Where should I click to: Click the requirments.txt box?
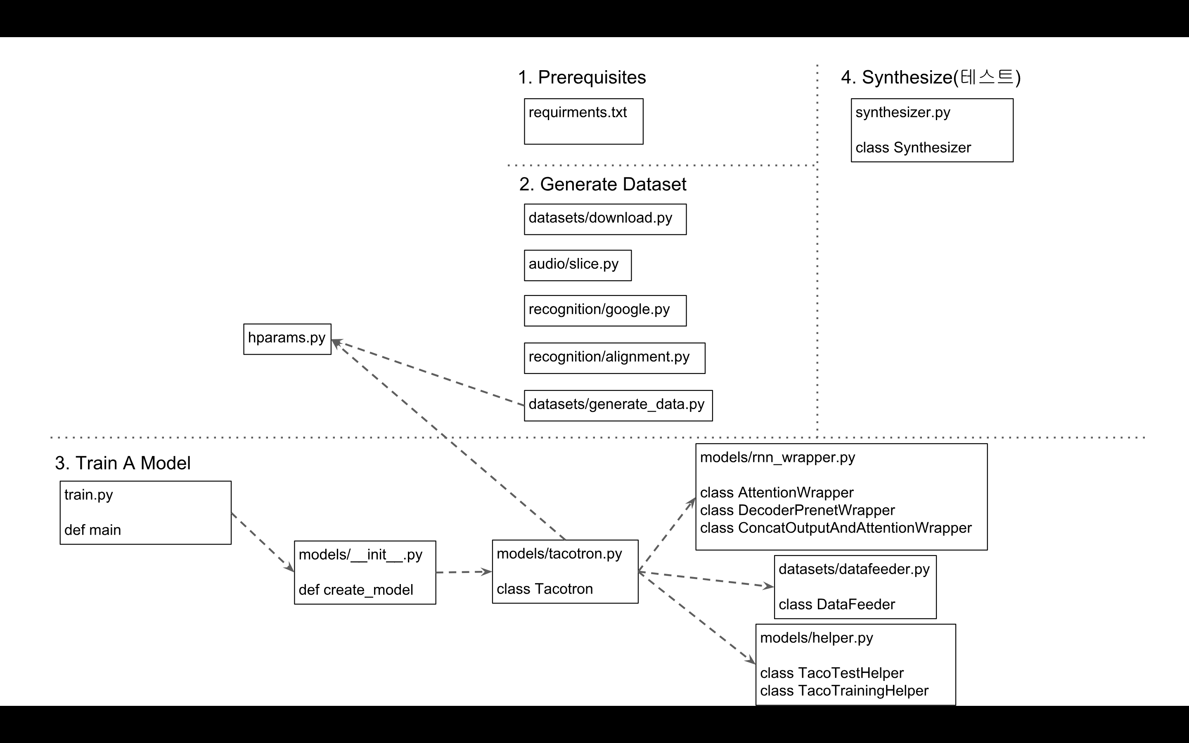[583, 121]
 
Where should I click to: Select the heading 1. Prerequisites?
[582, 77]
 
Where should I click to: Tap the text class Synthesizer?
[913, 147]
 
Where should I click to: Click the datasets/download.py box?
[605, 219]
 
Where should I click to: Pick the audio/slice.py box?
[577, 265]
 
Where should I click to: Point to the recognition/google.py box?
[605, 310]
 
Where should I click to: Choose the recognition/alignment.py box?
[614, 358]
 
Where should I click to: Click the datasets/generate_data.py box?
[618, 405]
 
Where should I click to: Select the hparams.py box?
[287, 339]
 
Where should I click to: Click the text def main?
[92, 530]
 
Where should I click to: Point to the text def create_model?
[356, 590]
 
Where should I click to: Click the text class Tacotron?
[545, 589]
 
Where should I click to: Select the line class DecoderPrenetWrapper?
[797, 510]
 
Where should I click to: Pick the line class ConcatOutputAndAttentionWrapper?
[835, 528]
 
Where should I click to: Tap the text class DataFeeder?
[836, 604]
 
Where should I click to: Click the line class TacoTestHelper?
[831, 673]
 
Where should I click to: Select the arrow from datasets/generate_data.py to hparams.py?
[427, 372]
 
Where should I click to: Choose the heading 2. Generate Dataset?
[602, 184]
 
